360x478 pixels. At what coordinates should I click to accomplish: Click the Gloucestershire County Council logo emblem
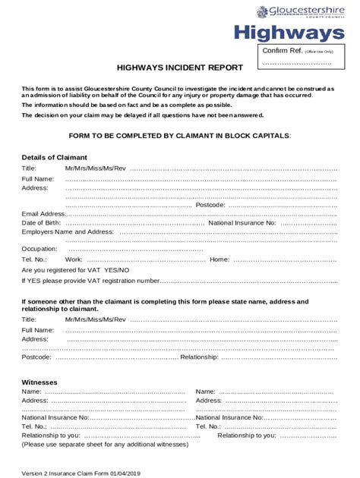point(263,11)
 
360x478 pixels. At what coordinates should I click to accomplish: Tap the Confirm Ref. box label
point(281,50)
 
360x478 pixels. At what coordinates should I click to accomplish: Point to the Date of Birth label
point(42,223)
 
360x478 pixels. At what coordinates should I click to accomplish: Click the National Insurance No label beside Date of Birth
point(242,223)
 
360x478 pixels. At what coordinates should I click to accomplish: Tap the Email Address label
point(44,214)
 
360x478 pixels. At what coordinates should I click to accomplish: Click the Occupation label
point(39,249)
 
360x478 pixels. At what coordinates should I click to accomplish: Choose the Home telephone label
point(219,259)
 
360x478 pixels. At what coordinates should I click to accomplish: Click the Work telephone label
point(74,259)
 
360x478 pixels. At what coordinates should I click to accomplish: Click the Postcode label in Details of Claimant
point(210,205)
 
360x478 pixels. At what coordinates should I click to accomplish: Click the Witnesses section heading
point(40,382)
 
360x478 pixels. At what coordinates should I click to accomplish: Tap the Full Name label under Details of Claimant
point(38,178)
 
